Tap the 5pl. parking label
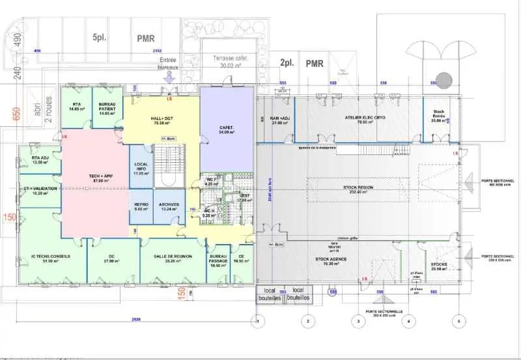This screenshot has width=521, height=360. (x=99, y=38)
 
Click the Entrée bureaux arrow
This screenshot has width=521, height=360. (x=169, y=77)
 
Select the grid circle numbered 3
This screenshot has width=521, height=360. (x=357, y=320)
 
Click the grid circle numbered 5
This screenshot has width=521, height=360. (x=459, y=320)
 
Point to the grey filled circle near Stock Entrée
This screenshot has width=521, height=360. (x=444, y=80)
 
